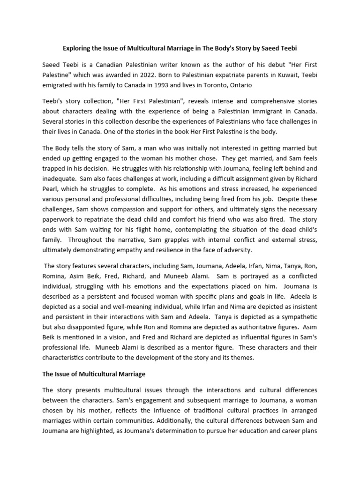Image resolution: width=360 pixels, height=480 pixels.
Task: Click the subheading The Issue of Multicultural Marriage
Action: click(x=94, y=374)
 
